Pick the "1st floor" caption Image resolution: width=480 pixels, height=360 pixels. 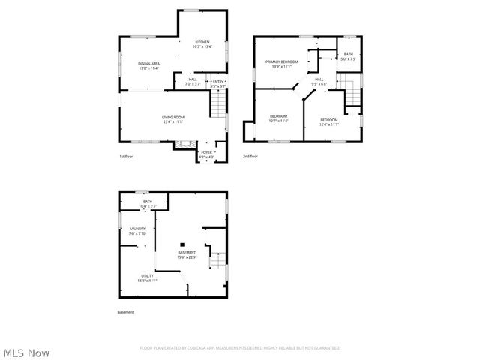point(127,157)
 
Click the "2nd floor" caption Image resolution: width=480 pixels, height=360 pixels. point(250,157)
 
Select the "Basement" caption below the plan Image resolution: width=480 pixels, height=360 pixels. point(125,312)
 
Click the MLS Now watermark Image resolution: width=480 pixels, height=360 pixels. point(26,352)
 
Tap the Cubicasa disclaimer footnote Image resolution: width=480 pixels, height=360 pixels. point(240,348)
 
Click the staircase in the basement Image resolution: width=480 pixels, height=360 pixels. point(216,260)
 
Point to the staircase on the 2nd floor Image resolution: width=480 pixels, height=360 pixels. point(352,94)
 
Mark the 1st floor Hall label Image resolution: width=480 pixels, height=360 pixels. point(193,81)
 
